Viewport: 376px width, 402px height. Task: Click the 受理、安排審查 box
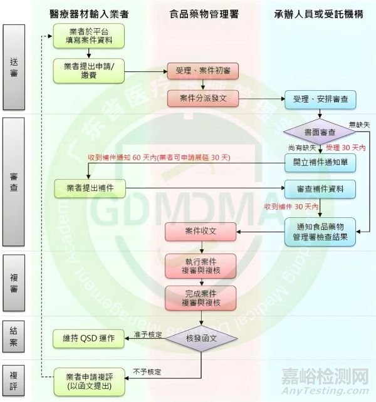(x=320, y=98)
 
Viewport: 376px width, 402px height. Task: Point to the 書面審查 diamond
(x=320, y=132)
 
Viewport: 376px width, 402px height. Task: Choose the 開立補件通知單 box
(x=320, y=162)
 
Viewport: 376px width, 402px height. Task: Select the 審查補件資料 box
(x=320, y=188)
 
